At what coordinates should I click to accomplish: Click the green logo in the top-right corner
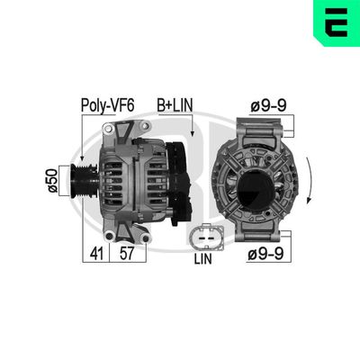tap(338, 22)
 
